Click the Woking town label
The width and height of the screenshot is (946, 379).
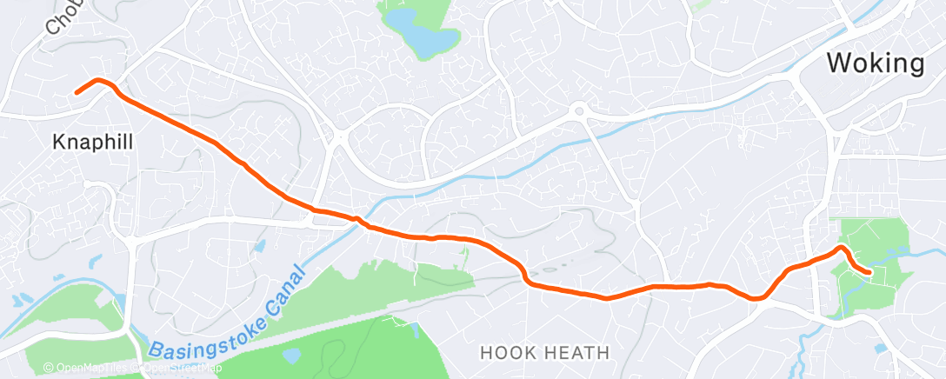pos(876,63)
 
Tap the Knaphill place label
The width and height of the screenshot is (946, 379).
pos(93,142)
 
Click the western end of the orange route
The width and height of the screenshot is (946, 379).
pos(77,92)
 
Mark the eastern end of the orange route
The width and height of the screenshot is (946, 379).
pos(869,273)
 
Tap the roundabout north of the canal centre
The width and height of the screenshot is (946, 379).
pos(578,110)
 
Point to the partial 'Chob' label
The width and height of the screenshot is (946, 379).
pos(62,18)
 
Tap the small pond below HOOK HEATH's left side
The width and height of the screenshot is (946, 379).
pos(290,356)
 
